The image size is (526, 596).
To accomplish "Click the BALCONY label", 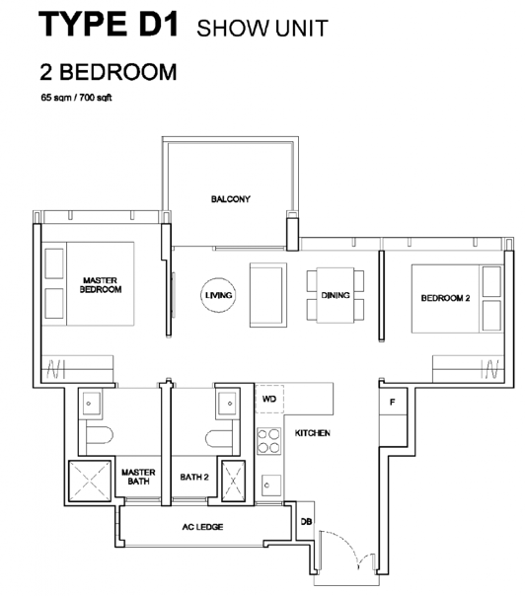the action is click(230, 198).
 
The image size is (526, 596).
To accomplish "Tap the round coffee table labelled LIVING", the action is click(218, 295).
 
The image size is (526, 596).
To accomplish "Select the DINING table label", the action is click(336, 295).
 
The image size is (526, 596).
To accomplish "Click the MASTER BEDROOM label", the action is click(101, 285).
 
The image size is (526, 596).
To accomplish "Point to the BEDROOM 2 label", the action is click(445, 298).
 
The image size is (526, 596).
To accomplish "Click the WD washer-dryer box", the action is click(269, 399).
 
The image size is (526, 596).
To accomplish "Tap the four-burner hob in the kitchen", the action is click(268, 441).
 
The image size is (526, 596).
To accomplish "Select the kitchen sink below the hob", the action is click(271, 485).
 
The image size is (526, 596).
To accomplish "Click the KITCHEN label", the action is click(313, 433).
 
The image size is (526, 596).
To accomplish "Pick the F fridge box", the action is click(393, 402).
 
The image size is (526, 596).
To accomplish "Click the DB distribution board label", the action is click(306, 522).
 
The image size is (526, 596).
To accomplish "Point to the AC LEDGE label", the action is click(202, 527).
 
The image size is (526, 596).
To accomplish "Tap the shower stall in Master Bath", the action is click(90, 481).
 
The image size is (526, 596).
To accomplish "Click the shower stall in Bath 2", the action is click(233, 481).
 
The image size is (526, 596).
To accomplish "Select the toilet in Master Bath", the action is click(100, 436).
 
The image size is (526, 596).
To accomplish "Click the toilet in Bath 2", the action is click(219, 439).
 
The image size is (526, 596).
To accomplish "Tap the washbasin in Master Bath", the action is click(90, 404).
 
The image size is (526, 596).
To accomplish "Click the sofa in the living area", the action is click(268, 295).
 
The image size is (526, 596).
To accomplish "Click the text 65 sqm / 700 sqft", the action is click(76, 98).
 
